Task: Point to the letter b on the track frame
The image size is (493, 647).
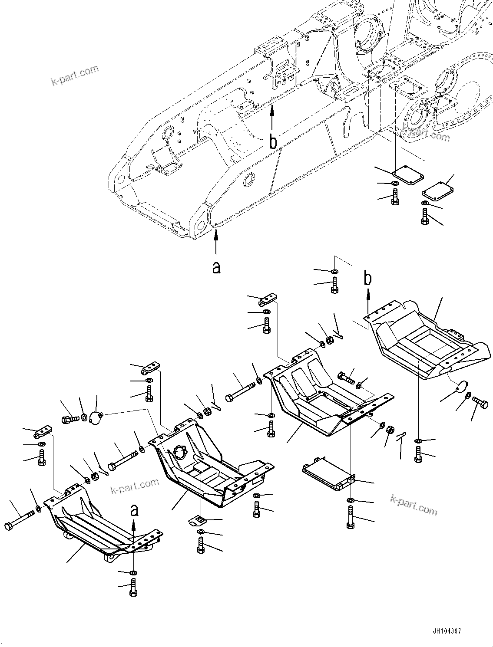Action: coord(273,142)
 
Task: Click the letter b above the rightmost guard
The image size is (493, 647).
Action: coord(367,279)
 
